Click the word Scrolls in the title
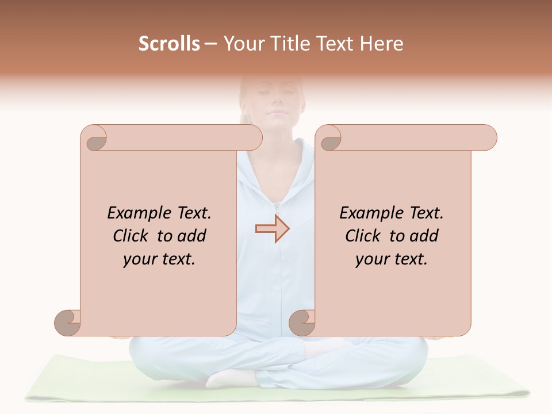coord(170,44)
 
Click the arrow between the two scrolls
coord(272,229)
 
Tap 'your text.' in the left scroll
coord(159,259)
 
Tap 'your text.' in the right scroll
coord(392,259)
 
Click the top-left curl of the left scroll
coord(95,138)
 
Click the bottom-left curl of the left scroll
coord(68,323)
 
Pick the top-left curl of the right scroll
coord(330,138)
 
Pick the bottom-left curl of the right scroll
coord(302,323)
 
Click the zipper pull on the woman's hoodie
coord(276,206)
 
